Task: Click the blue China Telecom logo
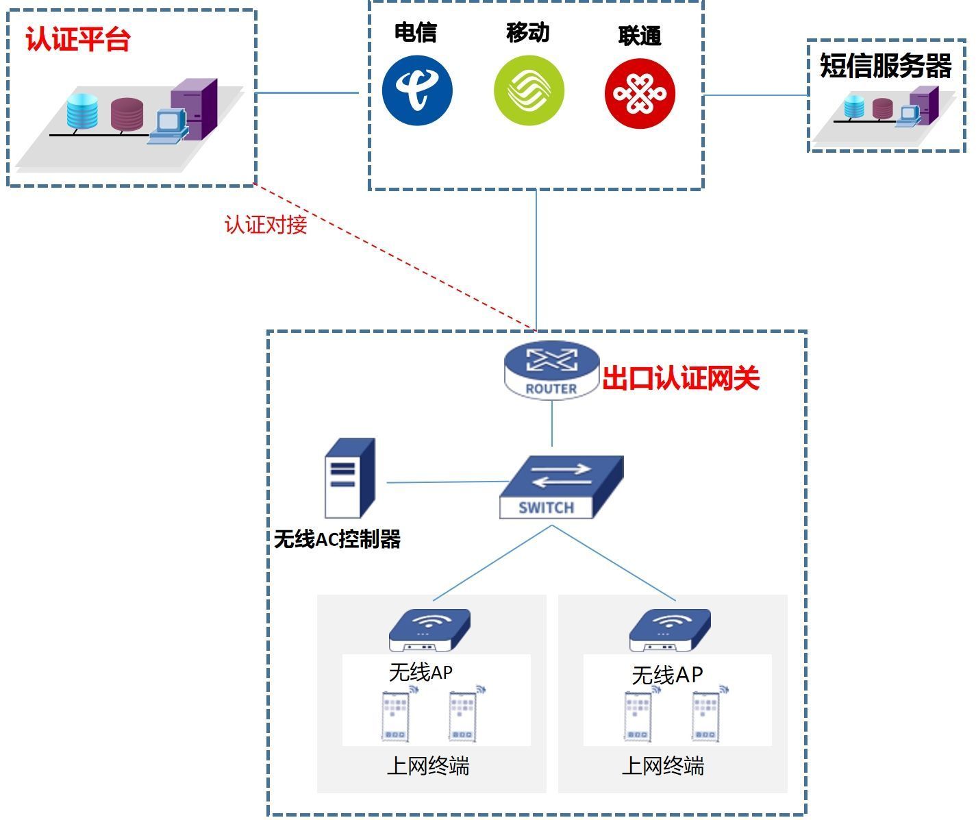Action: [417, 90]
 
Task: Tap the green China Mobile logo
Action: [529, 90]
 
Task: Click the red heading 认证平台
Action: [78, 40]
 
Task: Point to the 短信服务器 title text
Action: [886, 66]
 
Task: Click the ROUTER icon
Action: [551, 371]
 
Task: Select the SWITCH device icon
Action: [561, 487]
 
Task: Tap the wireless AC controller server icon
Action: [349, 477]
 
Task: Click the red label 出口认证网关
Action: [681, 378]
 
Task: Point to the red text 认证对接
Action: [266, 225]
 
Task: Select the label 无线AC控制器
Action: [337, 539]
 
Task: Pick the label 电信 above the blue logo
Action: [416, 32]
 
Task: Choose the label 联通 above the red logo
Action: [640, 36]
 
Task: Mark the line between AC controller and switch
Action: [445, 482]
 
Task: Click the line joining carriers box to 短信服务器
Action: [755, 95]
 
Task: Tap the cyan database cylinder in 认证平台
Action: [82, 112]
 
